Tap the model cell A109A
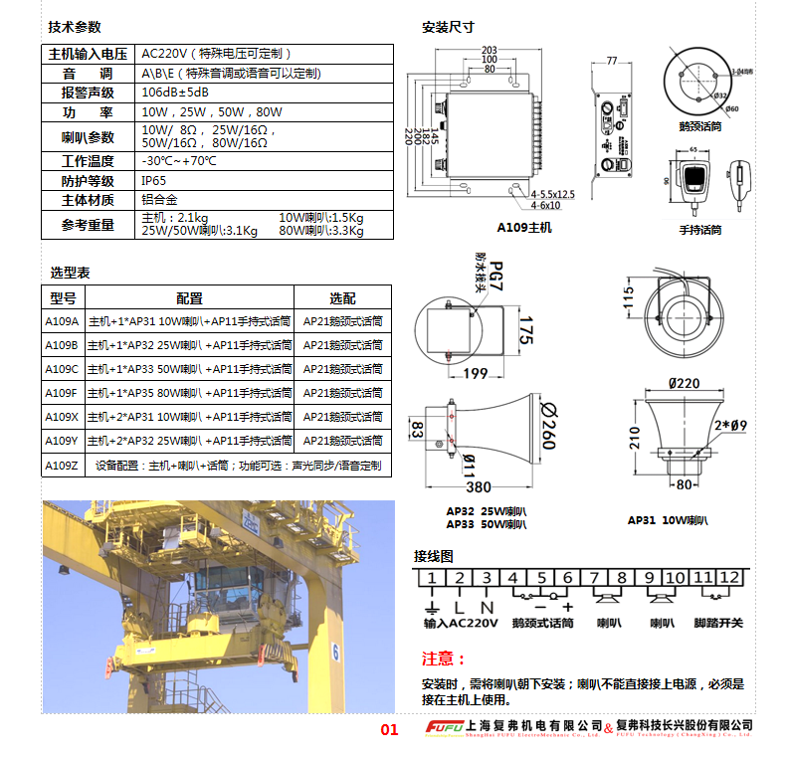pos(62,321)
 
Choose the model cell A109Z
pos(62,465)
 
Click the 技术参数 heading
pos(75,28)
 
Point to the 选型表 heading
pos(70,273)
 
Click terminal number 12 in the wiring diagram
pos(731,578)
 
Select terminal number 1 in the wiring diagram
pos(430,578)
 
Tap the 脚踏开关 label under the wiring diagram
pos(718,623)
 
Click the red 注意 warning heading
pos(444,659)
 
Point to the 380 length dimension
pos(478,487)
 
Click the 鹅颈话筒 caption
pos(699,126)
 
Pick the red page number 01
pos(389,730)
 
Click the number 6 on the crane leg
pos(335,654)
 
